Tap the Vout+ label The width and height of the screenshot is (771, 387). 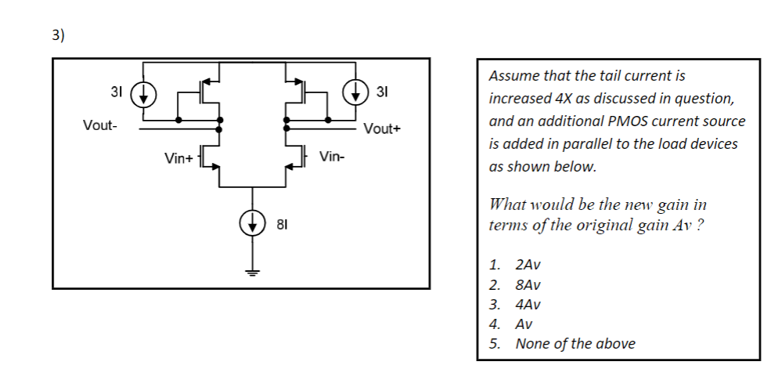click(382, 129)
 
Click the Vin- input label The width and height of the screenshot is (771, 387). click(332, 157)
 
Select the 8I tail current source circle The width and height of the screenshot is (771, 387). click(252, 224)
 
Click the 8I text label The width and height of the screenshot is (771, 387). click(283, 226)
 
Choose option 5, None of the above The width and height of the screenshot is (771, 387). click(575, 343)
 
